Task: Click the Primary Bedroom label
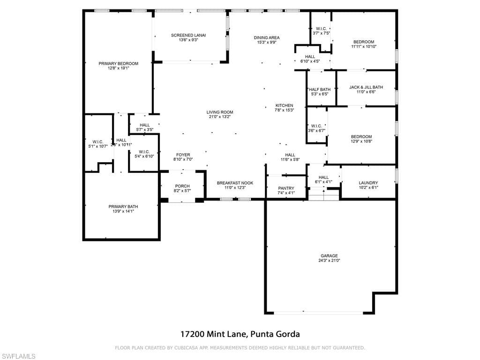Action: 118,64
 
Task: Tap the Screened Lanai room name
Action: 188,35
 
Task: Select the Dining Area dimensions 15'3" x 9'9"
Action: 267,42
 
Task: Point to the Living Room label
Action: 220,112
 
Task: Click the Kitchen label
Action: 284,105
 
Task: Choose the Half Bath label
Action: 320,90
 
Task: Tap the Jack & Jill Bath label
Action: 366,87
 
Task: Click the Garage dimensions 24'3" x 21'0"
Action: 329,260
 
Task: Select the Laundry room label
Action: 368,183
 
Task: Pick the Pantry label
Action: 286,188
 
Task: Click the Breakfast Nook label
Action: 235,183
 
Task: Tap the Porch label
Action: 182,186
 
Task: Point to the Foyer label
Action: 183,155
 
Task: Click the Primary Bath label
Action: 123,206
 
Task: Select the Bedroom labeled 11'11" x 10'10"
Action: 364,42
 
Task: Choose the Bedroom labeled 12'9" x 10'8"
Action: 361,137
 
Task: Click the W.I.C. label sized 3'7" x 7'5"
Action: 322,28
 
